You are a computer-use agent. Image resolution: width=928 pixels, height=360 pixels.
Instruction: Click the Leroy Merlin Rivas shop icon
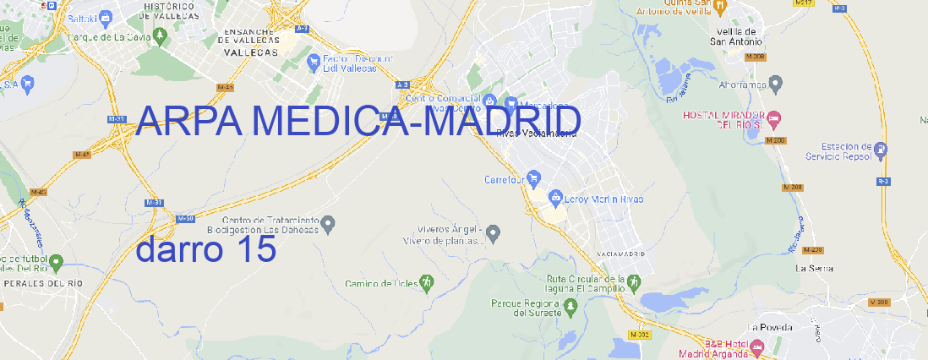[555, 198]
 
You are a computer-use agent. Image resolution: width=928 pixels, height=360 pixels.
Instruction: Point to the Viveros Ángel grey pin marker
[494, 232]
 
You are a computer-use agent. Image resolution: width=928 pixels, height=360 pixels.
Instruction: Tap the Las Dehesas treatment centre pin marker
[330, 223]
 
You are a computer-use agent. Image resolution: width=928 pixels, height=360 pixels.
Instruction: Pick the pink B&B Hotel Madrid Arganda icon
[757, 346]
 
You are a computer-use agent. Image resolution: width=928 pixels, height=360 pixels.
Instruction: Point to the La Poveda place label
[769, 327]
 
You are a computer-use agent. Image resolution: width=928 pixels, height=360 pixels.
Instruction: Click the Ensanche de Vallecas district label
[250, 41]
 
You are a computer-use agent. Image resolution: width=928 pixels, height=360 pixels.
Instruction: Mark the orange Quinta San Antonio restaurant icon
[719, 7]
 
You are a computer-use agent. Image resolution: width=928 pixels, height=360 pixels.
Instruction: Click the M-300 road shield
[879, 302]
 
